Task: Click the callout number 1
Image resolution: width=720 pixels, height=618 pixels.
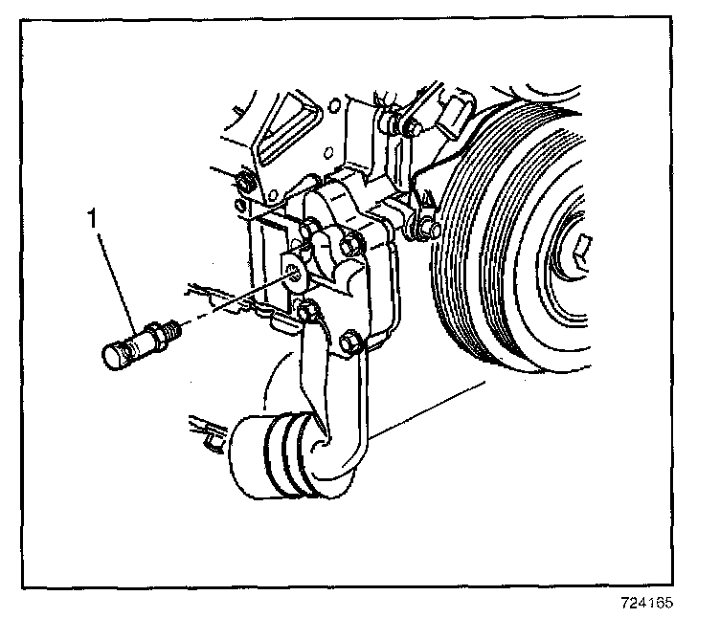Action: [x=93, y=218]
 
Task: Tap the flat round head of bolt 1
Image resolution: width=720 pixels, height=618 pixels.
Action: [x=111, y=358]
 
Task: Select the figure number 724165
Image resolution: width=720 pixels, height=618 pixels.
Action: [x=647, y=602]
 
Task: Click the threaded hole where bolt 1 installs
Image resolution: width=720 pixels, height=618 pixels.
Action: [x=294, y=275]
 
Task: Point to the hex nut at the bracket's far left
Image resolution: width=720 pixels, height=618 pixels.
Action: [x=243, y=181]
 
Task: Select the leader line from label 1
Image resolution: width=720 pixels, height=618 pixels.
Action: [x=117, y=282]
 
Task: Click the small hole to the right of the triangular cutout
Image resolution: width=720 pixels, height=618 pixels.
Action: [x=334, y=105]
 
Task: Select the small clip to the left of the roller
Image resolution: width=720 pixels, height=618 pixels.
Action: [x=213, y=439]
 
